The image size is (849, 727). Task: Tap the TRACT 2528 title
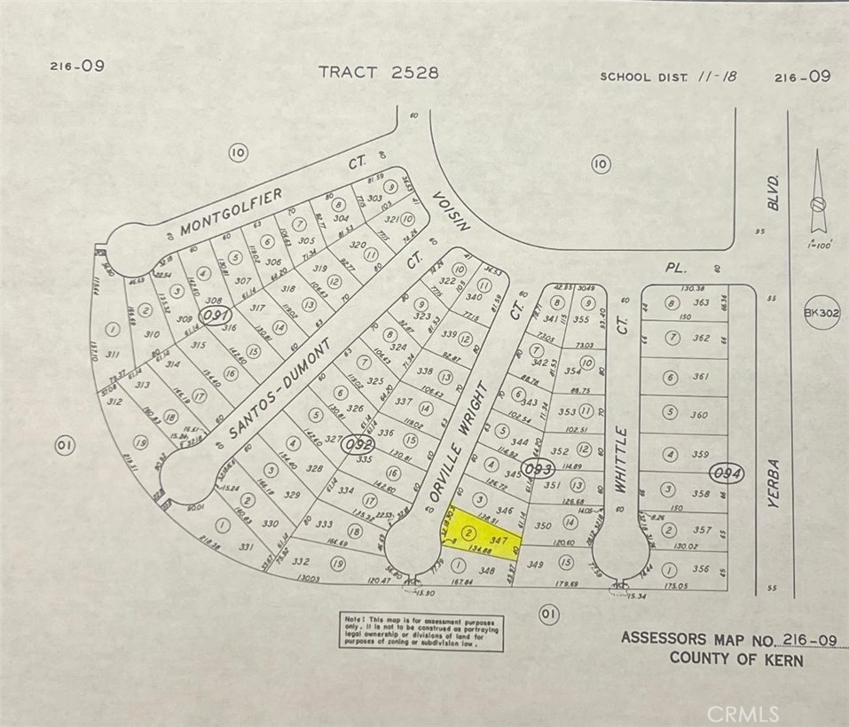pyautogui.click(x=379, y=73)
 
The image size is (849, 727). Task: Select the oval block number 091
pyautogui.click(x=216, y=315)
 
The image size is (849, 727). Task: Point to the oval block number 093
pyautogui.click(x=538, y=467)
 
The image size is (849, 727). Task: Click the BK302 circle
pyautogui.click(x=821, y=313)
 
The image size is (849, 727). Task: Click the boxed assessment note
pyautogui.click(x=421, y=632)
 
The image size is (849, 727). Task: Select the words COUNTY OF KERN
pyautogui.click(x=736, y=659)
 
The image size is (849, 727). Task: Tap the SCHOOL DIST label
pyautogui.click(x=645, y=77)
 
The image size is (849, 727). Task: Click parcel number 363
pyautogui.click(x=701, y=302)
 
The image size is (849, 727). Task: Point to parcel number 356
pyautogui.click(x=701, y=569)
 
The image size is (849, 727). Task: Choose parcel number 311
pyautogui.click(x=113, y=354)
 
